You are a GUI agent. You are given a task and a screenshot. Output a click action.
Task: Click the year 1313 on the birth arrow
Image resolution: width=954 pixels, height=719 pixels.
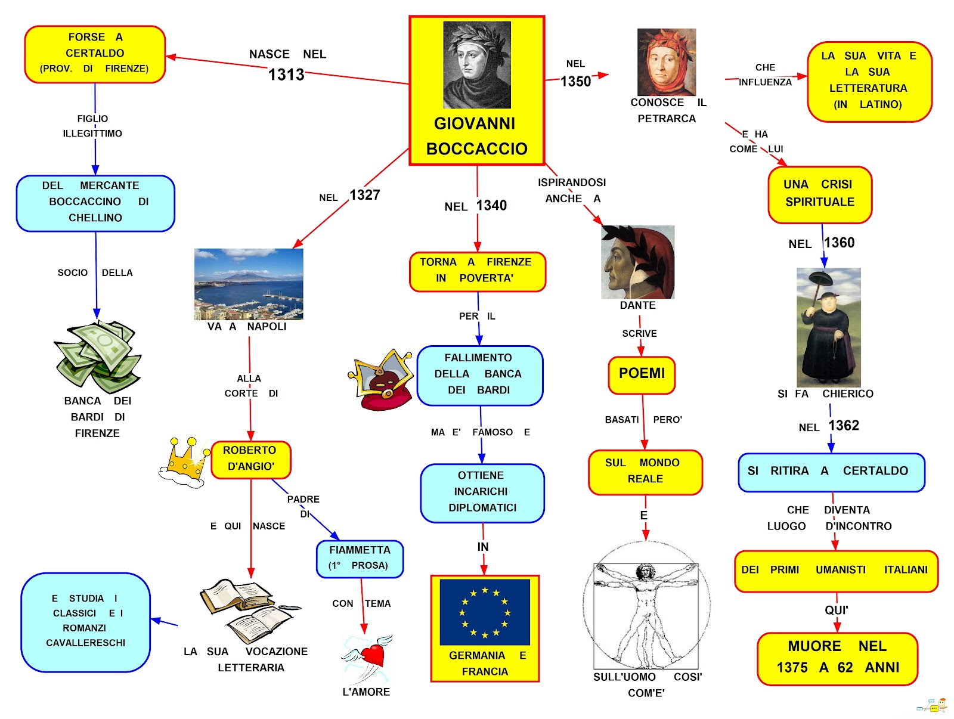click(286, 75)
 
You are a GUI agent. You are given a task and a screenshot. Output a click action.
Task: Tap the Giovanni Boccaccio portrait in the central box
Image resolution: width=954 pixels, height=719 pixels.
click(477, 65)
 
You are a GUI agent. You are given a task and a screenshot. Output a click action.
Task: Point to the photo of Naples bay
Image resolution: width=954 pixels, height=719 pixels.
click(249, 284)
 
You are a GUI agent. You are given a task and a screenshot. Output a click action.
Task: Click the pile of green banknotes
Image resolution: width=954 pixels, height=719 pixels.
click(98, 357)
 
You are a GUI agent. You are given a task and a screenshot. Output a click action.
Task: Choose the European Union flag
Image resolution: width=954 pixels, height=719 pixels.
click(485, 612)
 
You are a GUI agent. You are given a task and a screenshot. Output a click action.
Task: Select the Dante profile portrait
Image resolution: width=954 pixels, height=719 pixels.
click(637, 262)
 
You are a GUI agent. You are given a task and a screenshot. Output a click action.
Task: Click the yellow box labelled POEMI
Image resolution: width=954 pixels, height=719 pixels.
click(642, 374)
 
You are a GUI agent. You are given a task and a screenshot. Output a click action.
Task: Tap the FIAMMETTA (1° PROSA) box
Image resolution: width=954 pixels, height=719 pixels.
click(360, 558)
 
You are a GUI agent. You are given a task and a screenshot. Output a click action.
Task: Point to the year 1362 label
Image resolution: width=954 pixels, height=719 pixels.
click(844, 426)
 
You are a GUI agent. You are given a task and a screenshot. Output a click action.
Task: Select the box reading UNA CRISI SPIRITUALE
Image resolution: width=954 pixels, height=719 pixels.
click(820, 194)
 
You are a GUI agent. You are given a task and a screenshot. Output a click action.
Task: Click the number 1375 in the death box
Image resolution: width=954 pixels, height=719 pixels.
click(792, 667)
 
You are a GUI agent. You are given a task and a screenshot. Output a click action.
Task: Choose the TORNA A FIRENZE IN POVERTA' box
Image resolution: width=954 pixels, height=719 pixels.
click(477, 271)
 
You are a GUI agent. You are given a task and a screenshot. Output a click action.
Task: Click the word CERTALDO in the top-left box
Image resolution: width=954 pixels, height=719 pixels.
click(95, 53)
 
